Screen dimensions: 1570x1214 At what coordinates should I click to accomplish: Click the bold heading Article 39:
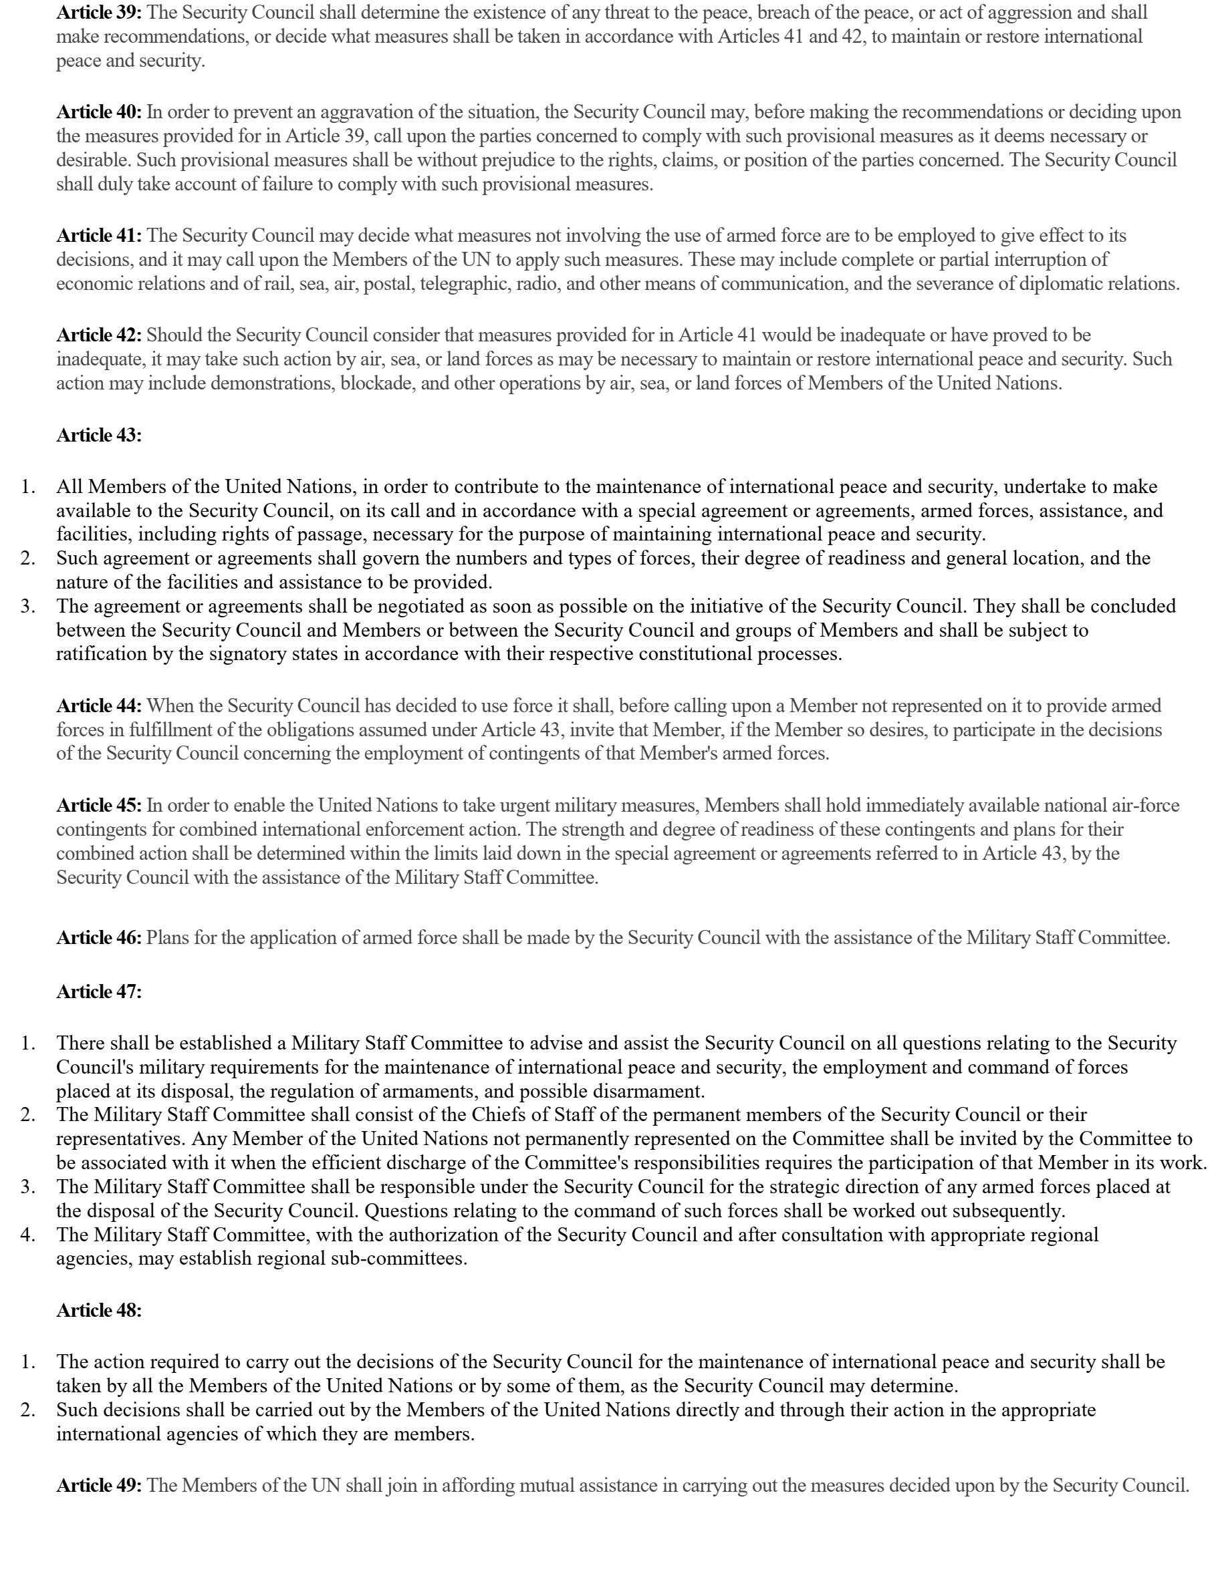pyautogui.click(x=98, y=13)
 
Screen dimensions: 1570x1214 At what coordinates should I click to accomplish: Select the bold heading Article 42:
pyautogui.click(x=98, y=335)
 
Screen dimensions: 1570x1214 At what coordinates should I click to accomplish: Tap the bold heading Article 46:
pyautogui.click(x=98, y=938)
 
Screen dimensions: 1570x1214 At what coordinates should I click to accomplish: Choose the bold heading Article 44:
pyautogui.click(x=98, y=706)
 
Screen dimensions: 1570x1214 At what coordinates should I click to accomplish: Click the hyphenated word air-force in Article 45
pyautogui.click(x=1146, y=806)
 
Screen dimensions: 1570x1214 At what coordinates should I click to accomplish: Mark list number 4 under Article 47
pyautogui.click(x=28, y=1235)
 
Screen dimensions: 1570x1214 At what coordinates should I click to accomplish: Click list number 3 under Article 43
pyautogui.click(x=28, y=607)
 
